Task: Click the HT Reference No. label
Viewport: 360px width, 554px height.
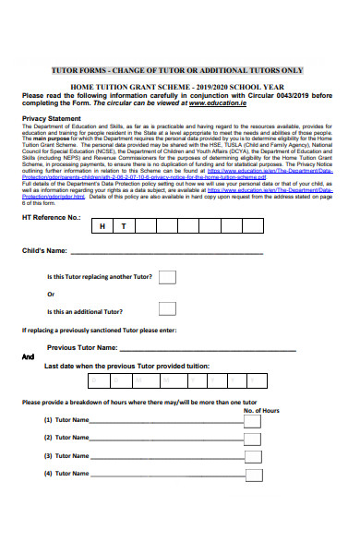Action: pos(51,217)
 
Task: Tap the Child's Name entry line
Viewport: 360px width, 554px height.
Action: pos(166,251)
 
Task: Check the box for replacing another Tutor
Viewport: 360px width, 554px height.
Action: pos(167,277)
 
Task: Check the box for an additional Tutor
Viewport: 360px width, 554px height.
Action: pos(167,309)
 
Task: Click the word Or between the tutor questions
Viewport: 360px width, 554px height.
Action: pos(51,295)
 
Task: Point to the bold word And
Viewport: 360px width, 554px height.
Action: pos(28,356)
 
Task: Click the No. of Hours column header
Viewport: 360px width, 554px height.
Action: pos(261,410)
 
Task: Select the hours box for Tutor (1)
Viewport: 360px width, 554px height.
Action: pos(252,421)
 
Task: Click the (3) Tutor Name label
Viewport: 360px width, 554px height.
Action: pos(66,456)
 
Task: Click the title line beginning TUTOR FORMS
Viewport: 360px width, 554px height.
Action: pos(179,70)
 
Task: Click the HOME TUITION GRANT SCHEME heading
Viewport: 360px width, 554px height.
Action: pos(179,86)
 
